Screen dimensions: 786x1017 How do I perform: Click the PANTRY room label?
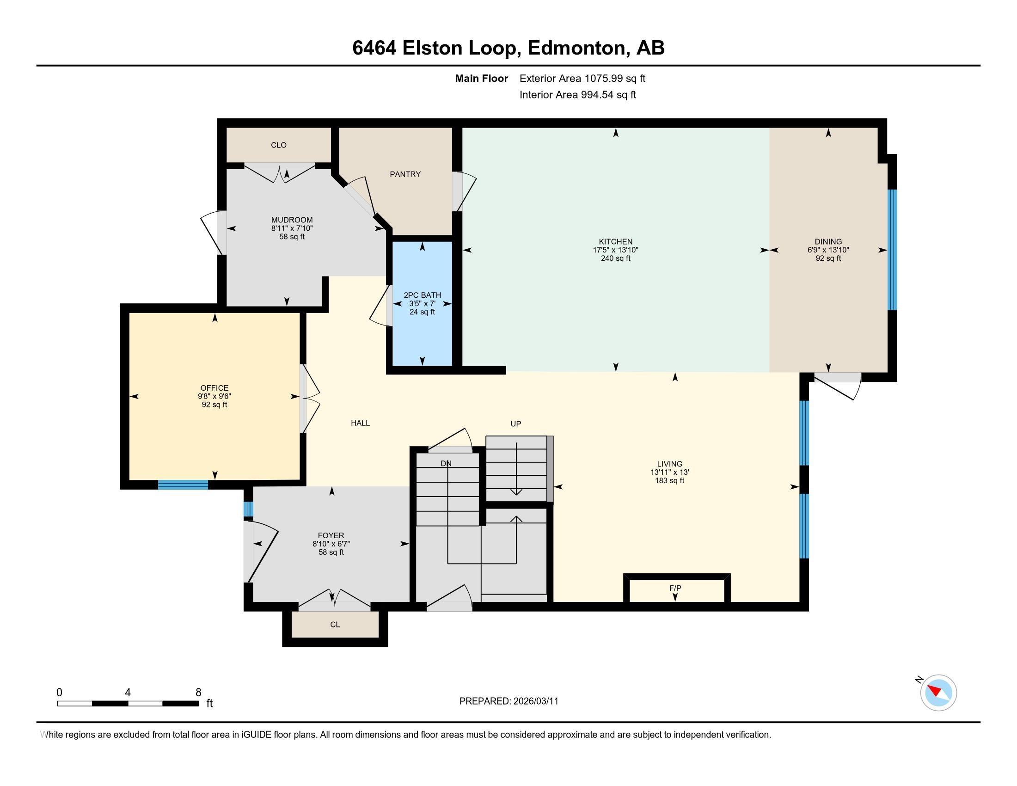[x=404, y=174]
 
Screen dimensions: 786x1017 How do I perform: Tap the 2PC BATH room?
[x=422, y=303]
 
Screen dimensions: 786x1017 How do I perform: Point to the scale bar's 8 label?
[x=198, y=693]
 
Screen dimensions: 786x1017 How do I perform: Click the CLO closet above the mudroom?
[x=278, y=145]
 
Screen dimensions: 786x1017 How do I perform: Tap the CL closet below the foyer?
[x=335, y=625]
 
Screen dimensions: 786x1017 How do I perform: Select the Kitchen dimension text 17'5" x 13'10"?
[x=615, y=250]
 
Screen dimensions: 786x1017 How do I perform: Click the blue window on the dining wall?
[x=892, y=250]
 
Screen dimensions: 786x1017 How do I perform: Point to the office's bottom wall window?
[x=183, y=485]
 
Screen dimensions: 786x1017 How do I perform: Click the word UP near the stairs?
[x=515, y=424]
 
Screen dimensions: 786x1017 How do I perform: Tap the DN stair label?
[x=446, y=463]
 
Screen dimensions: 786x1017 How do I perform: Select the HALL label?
[x=360, y=423]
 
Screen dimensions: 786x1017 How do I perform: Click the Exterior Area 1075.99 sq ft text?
[x=582, y=78]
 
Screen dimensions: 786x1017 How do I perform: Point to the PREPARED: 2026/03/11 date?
[x=508, y=701]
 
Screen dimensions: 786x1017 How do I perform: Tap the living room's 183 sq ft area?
[x=669, y=480]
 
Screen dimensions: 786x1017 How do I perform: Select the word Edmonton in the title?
[x=576, y=48]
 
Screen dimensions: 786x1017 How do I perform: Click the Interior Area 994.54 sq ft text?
[x=577, y=94]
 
